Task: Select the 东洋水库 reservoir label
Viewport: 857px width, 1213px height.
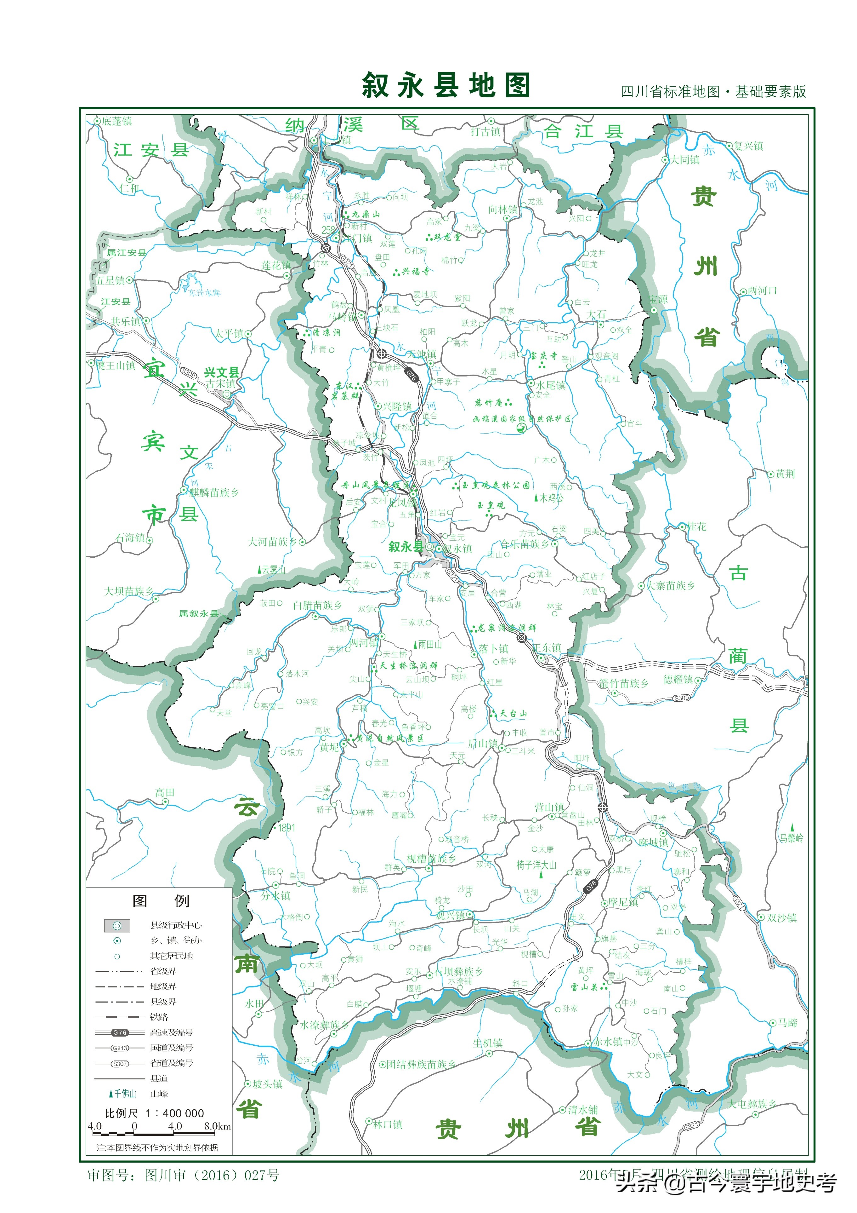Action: click(205, 292)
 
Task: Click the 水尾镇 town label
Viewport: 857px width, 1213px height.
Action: click(551, 385)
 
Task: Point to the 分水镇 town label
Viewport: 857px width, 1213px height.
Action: click(275, 895)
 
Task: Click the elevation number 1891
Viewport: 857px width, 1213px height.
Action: click(287, 828)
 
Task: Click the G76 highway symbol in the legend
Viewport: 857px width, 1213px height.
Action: click(120, 1032)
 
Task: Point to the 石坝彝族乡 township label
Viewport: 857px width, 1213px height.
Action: click(459, 971)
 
